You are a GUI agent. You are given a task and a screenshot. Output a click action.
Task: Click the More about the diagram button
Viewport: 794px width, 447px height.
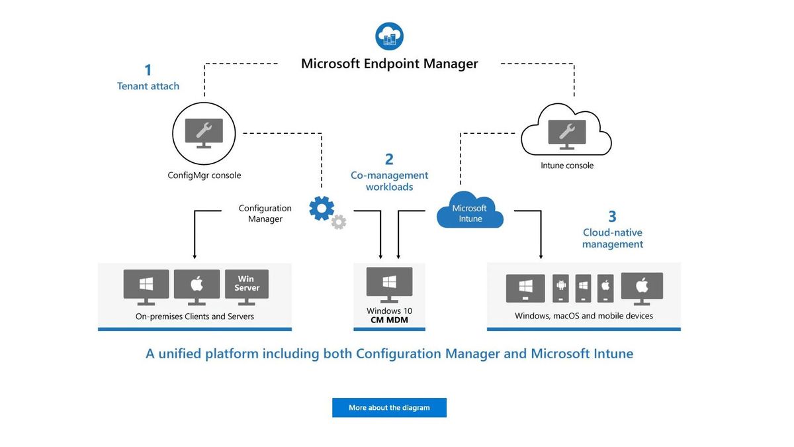(x=389, y=407)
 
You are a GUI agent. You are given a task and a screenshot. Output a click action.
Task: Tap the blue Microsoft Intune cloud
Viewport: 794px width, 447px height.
(x=470, y=212)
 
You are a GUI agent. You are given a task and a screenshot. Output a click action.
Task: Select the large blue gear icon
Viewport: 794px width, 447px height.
(x=322, y=208)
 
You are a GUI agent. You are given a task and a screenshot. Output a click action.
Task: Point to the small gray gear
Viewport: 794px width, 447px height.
(x=339, y=223)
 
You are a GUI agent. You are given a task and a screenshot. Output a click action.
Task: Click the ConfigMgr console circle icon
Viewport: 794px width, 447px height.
(x=204, y=134)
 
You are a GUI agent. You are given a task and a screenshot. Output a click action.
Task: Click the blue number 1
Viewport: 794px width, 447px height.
(x=148, y=70)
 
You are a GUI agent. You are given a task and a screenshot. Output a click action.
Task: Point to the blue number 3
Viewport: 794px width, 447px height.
(x=612, y=217)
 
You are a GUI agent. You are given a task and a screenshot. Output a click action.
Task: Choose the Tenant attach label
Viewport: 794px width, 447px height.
(x=148, y=86)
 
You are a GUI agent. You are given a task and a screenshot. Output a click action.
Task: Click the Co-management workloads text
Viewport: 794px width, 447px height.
(x=389, y=181)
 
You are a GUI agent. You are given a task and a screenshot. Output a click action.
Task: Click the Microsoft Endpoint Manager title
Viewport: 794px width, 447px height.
(x=389, y=64)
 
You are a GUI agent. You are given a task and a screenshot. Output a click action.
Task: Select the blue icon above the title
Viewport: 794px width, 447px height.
(x=389, y=36)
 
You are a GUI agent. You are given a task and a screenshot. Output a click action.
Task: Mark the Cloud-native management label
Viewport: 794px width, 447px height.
(x=613, y=238)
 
